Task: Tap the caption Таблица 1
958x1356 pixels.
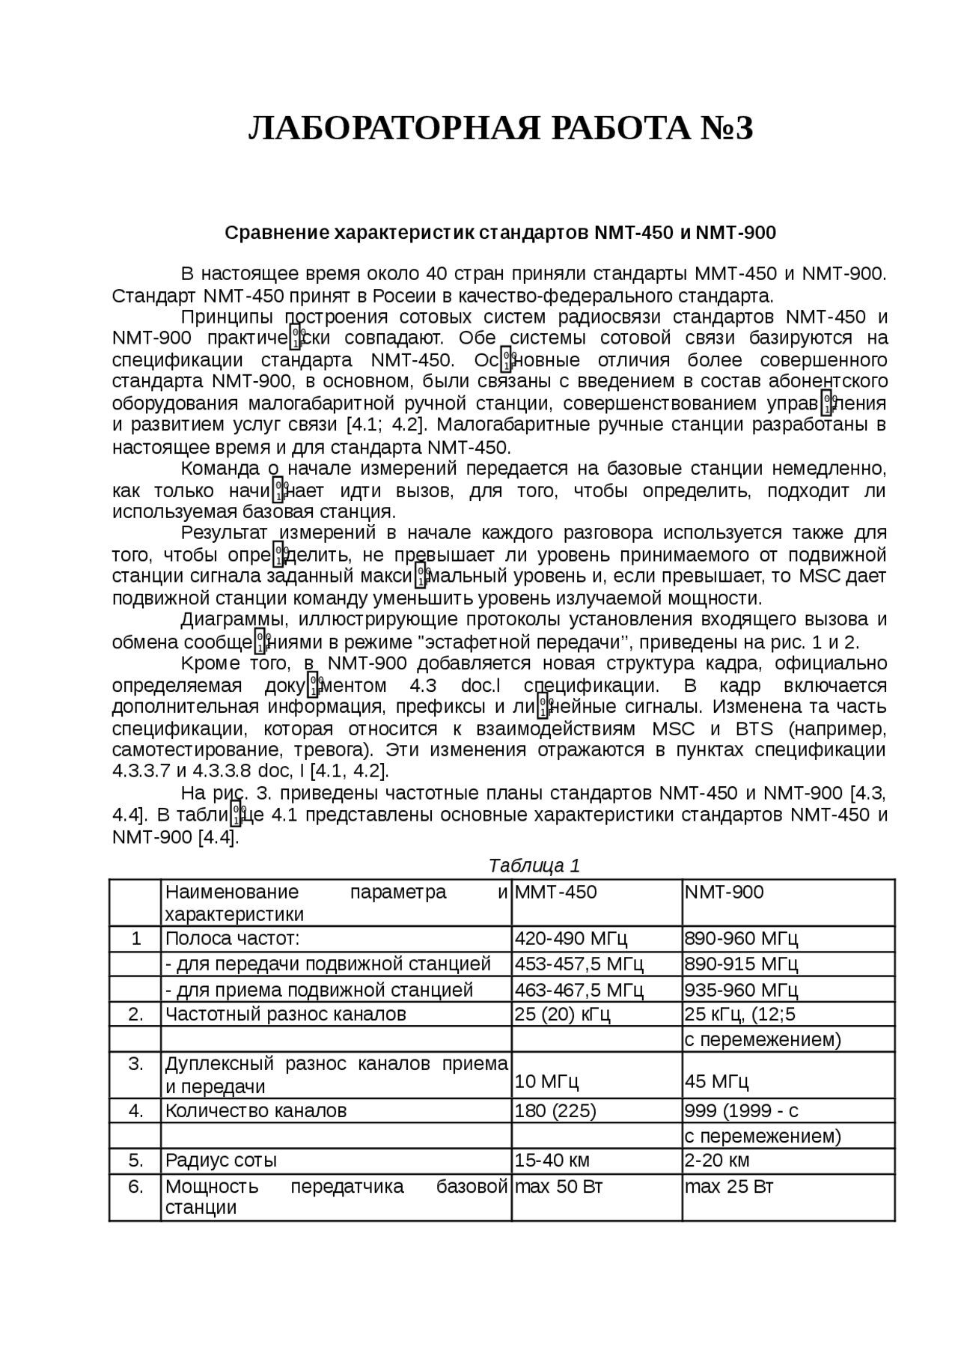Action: [x=534, y=866]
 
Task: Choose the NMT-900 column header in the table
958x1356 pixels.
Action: [x=724, y=892]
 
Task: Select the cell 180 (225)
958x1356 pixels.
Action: [x=555, y=1110]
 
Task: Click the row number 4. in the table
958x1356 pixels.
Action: [x=135, y=1110]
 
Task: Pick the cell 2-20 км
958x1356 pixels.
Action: [x=717, y=1160]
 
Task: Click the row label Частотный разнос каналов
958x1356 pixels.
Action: [x=285, y=1014]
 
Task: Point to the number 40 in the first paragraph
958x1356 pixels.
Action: [x=436, y=273]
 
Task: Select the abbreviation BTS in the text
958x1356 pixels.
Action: [x=754, y=729]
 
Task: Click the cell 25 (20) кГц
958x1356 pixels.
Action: [x=562, y=1014]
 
